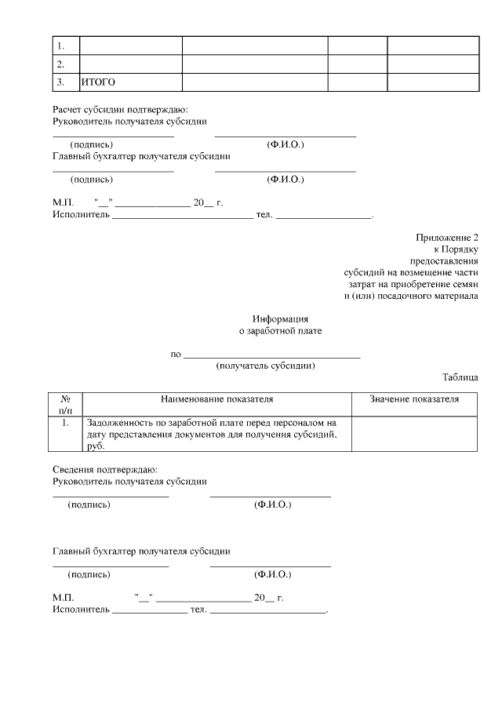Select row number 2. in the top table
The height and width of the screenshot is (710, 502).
(x=60, y=64)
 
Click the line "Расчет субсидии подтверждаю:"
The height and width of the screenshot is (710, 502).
(x=120, y=110)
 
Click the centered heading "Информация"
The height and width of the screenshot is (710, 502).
(x=280, y=319)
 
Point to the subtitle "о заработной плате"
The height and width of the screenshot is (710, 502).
(x=280, y=331)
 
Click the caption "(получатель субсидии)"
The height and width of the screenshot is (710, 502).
(x=265, y=366)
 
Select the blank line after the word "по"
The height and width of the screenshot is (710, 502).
(x=271, y=355)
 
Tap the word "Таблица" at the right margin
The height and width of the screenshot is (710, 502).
(x=460, y=377)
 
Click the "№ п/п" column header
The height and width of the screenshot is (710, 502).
(x=66, y=405)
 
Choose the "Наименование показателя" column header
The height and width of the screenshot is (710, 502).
(x=216, y=399)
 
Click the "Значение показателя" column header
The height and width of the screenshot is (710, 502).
(x=414, y=399)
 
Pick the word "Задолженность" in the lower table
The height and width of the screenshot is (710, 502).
(x=119, y=422)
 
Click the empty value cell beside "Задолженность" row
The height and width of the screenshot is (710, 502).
(x=414, y=434)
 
